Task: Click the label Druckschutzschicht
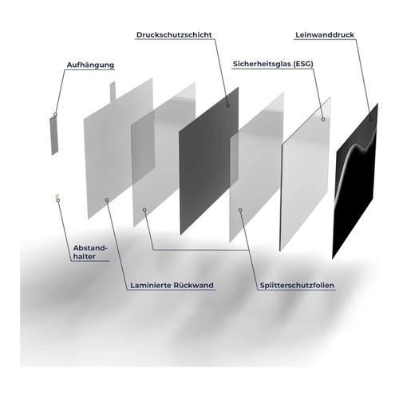174,35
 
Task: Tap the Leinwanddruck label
325,35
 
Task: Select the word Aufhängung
90,65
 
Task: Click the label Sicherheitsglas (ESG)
273,64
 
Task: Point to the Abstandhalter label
90,252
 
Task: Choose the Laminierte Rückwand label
172,286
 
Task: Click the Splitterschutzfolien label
297,286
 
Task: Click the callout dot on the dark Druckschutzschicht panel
228,105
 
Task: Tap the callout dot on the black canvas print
370,120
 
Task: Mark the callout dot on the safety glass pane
323,120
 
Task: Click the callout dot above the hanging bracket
55,114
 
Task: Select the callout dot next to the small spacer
58,200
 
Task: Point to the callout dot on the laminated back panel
107,199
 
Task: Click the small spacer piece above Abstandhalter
57,196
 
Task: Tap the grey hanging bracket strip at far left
53,136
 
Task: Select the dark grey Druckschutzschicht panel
209,160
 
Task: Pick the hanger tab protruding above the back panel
113,91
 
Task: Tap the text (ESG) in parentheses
303,64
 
